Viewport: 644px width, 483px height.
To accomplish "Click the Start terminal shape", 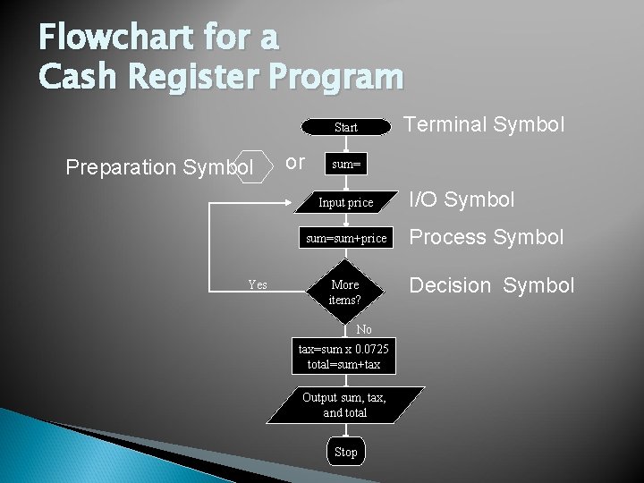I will pyautogui.click(x=345, y=127).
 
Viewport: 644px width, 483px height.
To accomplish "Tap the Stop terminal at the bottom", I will pyautogui.click(x=345, y=452).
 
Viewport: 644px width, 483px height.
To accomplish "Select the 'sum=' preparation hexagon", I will pyautogui.click(x=345, y=165).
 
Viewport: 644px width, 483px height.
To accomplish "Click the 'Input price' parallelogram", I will pyautogui.click(x=345, y=202).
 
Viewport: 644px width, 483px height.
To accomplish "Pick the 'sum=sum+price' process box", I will pyautogui.click(x=345, y=238).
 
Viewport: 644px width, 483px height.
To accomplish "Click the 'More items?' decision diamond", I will pyautogui.click(x=345, y=292).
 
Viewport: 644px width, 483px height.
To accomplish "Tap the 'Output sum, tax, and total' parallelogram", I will pyautogui.click(x=345, y=404).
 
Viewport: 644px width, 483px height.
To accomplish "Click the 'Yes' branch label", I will pyautogui.click(x=258, y=284).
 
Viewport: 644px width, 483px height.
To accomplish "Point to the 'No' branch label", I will pyautogui.click(x=364, y=330).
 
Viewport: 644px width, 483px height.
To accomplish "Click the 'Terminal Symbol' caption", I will pyautogui.click(x=484, y=124).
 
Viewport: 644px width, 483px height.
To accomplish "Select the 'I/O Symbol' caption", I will pyautogui.click(x=462, y=199).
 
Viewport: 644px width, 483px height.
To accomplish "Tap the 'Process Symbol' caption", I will pyautogui.click(x=487, y=237).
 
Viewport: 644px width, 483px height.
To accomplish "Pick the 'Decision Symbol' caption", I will pyautogui.click(x=491, y=285).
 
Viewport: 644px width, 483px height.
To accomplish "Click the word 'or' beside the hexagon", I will pyautogui.click(x=294, y=162).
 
